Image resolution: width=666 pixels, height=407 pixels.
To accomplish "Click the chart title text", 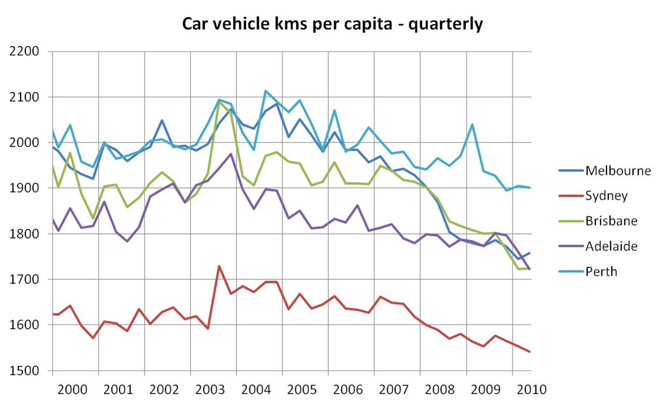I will coord(332,24).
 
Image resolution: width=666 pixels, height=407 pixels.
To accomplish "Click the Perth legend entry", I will coord(601,272).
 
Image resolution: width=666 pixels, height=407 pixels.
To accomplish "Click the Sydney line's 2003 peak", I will coord(219,266).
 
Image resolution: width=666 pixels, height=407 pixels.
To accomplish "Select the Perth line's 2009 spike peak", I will coord(472,124).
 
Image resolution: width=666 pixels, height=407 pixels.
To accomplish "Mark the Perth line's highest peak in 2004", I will coord(265,91).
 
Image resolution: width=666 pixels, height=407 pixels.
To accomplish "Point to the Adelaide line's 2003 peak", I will coord(231,154).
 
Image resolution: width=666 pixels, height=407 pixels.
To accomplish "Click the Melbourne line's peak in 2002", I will coord(162,121).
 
